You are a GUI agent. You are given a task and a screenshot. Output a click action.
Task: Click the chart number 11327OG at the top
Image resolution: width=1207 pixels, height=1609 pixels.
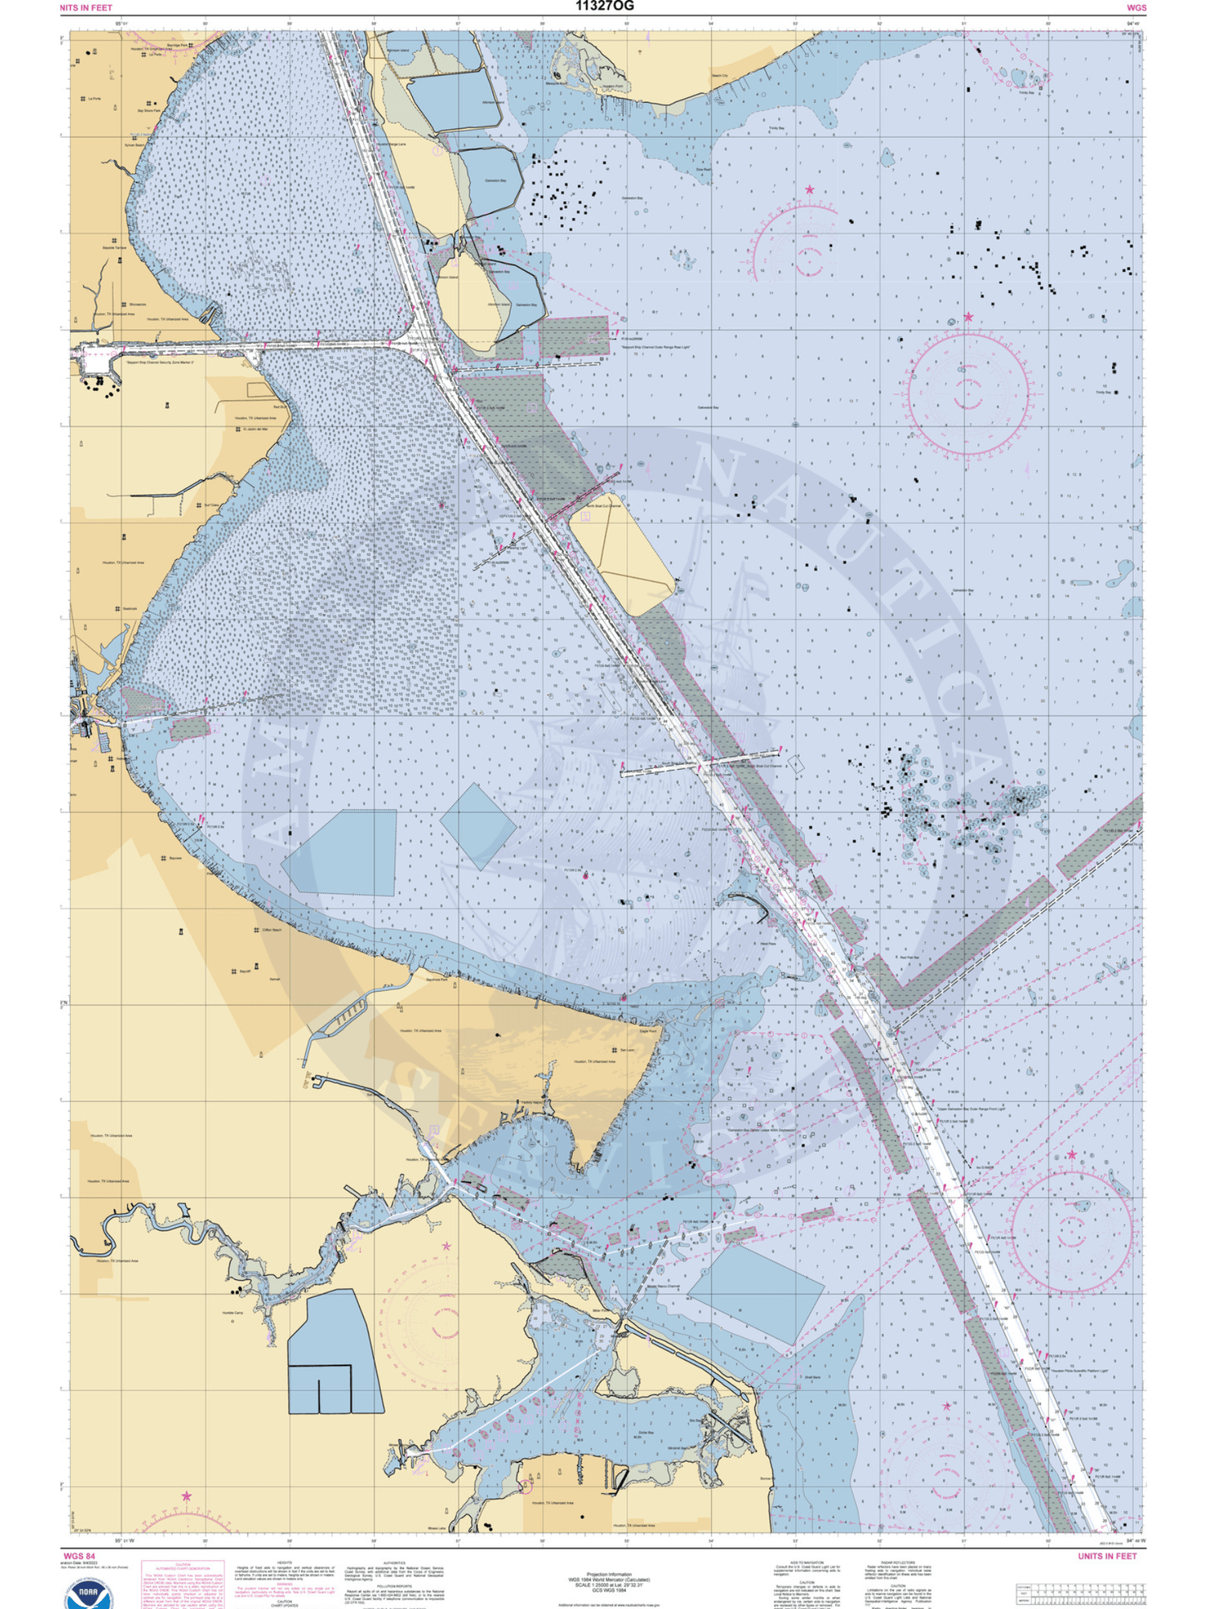click(604, 6)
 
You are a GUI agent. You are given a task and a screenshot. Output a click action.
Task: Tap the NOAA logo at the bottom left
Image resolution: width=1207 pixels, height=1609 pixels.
click(90, 1591)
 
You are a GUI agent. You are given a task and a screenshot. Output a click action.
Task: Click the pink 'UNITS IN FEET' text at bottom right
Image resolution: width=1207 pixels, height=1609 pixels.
click(1107, 1556)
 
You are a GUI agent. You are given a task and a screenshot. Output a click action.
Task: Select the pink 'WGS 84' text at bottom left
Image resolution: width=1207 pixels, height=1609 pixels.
click(79, 1556)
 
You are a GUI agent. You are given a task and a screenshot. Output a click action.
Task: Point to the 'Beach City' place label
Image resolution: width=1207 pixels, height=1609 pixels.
click(719, 76)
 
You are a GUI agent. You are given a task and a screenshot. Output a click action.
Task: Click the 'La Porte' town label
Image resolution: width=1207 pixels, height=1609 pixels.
click(94, 99)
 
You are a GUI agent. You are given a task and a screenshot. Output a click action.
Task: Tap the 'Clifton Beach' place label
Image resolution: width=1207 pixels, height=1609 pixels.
click(272, 929)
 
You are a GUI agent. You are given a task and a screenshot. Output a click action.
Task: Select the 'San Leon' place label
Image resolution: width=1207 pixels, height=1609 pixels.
click(628, 1050)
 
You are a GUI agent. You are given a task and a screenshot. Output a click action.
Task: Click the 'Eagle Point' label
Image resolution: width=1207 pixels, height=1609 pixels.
click(648, 1031)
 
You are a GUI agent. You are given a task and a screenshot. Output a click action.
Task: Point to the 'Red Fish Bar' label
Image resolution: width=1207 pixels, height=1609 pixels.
click(909, 957)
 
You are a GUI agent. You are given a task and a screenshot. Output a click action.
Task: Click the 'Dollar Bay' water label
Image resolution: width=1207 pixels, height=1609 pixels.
click(646, 1432)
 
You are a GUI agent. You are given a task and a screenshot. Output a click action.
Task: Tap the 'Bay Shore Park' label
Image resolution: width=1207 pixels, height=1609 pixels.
click(150, 111)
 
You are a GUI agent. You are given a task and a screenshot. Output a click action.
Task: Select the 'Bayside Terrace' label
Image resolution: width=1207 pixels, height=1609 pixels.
click(115, 248)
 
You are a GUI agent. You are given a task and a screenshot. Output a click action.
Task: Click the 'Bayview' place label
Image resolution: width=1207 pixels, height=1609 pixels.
click(175, 858)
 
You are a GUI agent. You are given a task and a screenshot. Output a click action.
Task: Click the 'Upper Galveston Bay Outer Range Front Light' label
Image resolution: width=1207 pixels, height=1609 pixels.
click(971, 1108)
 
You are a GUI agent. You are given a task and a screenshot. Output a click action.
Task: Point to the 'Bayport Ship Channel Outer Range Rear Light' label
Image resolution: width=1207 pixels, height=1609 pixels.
click(655, 347)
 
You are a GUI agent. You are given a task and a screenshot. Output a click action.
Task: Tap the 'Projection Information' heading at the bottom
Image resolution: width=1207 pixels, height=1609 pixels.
click(608, 1574)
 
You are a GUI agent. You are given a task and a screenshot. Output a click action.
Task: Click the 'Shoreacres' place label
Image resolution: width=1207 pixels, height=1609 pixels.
click(138, 305)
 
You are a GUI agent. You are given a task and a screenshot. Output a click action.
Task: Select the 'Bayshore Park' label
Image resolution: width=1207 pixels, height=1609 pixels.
click(437, 980)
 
